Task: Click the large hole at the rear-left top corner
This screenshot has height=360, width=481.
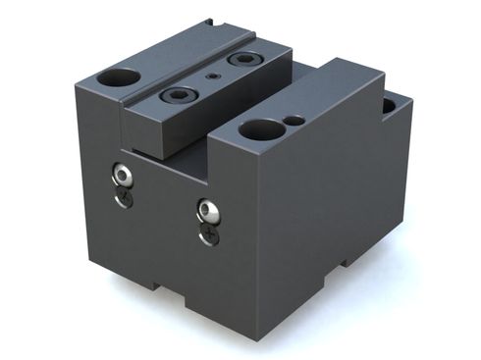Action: (123, 77)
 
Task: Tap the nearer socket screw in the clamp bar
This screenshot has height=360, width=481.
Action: (180, 95)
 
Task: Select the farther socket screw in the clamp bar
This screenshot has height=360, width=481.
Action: (241, 60)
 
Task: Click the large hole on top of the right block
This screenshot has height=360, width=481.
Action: (261, 129)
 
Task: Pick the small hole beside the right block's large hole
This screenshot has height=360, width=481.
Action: (294, 121)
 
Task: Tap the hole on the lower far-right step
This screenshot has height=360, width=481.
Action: (389, 104)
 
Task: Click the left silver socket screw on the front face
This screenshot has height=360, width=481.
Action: (123, 177)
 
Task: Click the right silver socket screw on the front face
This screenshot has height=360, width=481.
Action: (207, 210)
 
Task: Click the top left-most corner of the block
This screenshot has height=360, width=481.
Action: (76, 85)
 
